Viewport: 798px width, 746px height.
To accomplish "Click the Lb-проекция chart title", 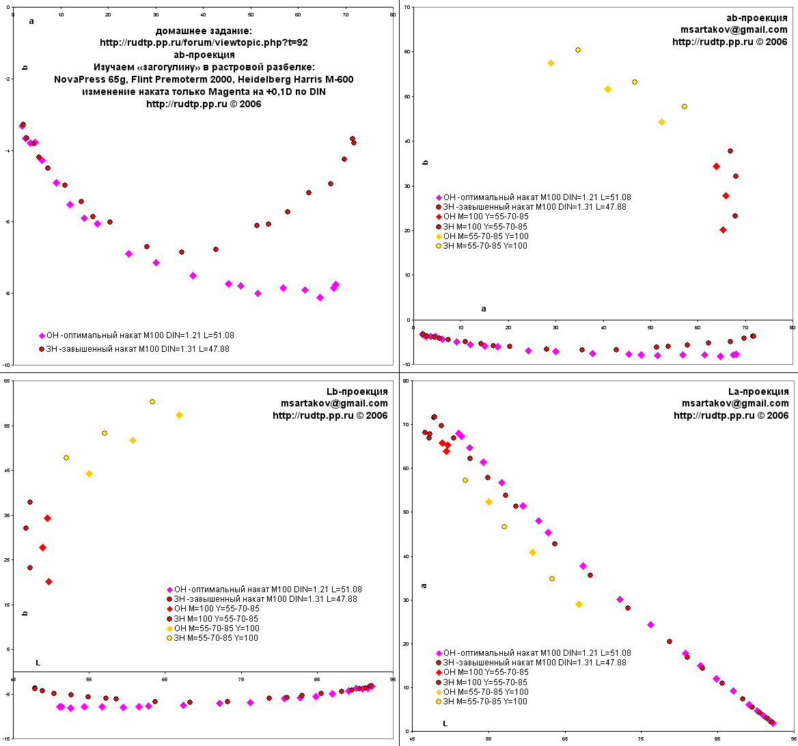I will tap(357, 391).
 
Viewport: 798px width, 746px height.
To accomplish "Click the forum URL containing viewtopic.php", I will tap(204, 42).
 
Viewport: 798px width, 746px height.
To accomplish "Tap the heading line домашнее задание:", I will tap(204, 31).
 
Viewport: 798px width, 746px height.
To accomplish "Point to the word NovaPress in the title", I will tap(77, 79).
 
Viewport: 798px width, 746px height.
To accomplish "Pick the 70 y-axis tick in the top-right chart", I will tap(407, 7).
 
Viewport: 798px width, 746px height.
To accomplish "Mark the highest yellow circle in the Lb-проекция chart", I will tap(152, 402).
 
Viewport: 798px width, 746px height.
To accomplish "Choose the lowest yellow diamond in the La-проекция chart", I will tap(579, 604).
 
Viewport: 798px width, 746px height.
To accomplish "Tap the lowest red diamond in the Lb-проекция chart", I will tap(49, 582).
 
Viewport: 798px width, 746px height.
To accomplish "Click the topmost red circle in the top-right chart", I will tap(730, 151).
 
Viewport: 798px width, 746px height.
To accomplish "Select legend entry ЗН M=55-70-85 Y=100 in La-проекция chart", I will tap(484, 702).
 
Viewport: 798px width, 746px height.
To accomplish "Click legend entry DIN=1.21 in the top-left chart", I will tap(137, 335).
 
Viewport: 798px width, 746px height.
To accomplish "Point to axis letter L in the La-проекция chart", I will tap(445, 723).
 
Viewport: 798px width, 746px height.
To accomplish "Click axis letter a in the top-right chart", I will tap(484, 309).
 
